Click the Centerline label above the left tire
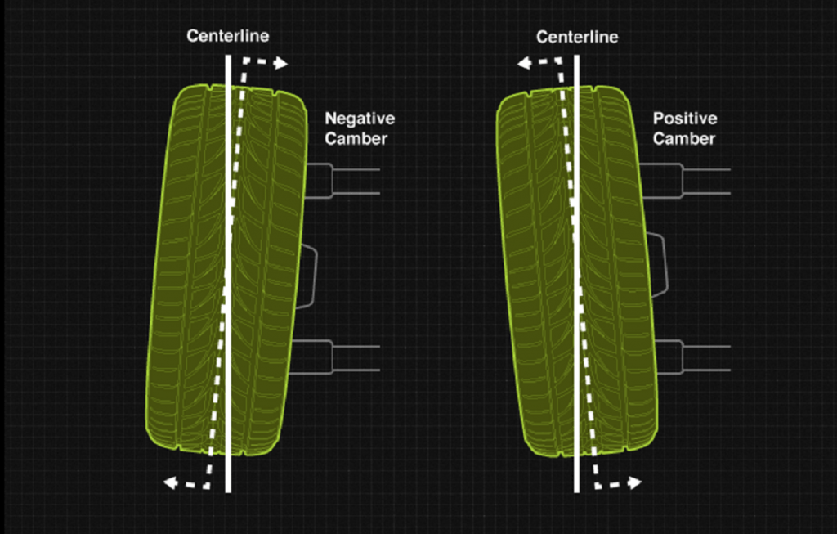pos(228,36)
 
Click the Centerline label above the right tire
pos(577,37)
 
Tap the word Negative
pos(360,118)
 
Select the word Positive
pos(685,118)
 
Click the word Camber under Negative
pos(356,139)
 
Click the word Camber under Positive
pos(684,139)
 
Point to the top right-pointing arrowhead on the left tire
pos(281,64)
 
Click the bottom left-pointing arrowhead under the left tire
pos(170,483)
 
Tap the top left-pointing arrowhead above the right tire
pos(524,64)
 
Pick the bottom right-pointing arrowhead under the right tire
pos(634,483)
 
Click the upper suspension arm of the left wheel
pos(342,182)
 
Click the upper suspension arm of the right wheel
pos(686,182)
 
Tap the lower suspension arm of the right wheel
pos(693,357)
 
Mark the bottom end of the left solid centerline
pos(229,491)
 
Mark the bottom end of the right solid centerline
pos(576,491)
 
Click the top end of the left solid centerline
pos(229,56)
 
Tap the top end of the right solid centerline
pos(576,56)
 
